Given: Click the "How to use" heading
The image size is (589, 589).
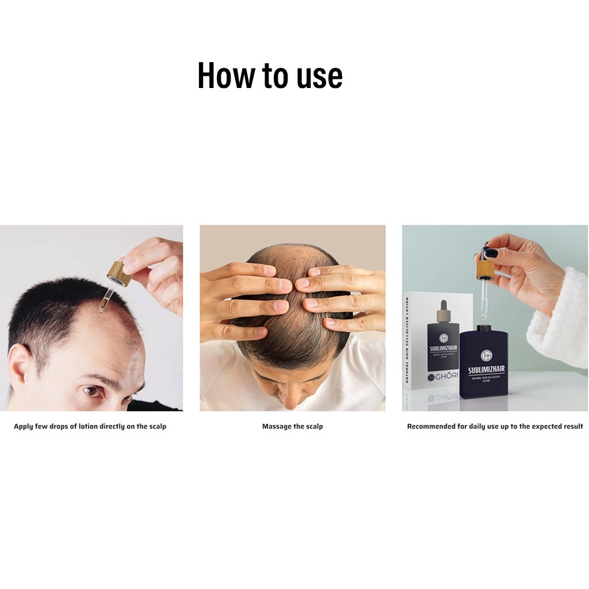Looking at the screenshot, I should coord(270,75).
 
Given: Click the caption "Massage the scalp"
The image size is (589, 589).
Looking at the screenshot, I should coord(292,426).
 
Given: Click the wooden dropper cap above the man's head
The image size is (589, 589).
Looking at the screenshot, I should coord(120,273).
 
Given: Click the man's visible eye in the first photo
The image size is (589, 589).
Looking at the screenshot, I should coord(92,392).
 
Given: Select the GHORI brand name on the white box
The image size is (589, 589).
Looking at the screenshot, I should coord(443,378).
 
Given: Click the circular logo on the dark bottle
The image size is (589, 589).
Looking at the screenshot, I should coord(486,355).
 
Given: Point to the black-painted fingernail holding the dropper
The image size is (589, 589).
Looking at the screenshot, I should coord(491,253).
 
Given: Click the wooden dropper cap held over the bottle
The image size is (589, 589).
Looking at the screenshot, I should coord(484,270).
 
